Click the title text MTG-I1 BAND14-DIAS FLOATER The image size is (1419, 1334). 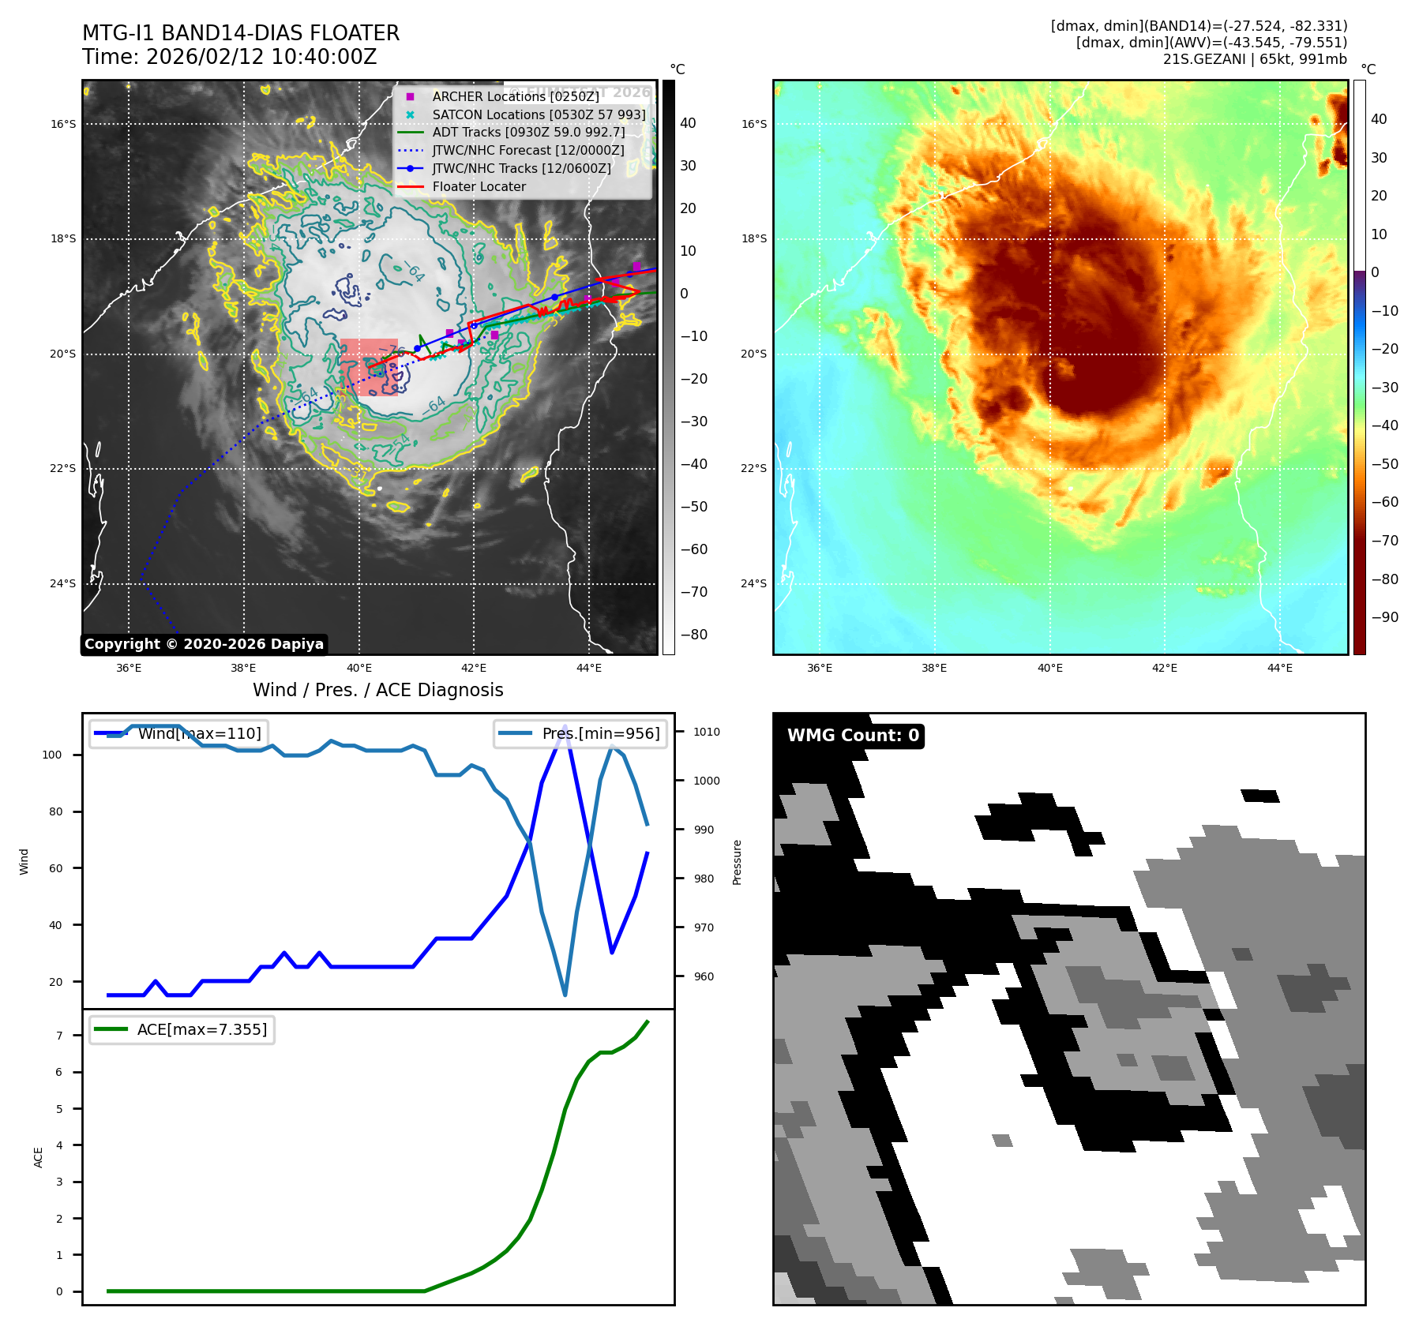[241, 33]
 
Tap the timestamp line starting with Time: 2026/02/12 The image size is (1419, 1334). [230, 57]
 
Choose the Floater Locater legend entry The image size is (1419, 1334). [479, 187]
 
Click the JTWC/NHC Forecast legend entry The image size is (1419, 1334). [527, 151]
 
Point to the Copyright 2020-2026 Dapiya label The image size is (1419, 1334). [204, 644]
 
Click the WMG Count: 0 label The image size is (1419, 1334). [853, 736]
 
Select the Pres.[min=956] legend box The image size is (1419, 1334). [581, 733]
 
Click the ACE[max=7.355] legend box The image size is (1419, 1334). [182, 1029]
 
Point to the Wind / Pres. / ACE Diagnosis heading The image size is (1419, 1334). [377, 690]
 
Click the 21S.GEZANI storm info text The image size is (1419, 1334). [1255, 59]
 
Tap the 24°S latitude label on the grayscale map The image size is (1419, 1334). [63, 584]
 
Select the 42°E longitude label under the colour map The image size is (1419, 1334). [1164, 668]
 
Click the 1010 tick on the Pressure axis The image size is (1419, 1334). [707, 732]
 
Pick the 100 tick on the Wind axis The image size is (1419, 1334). [52, 755]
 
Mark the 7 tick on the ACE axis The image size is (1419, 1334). [59, 1036]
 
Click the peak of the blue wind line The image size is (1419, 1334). [565, 725]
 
